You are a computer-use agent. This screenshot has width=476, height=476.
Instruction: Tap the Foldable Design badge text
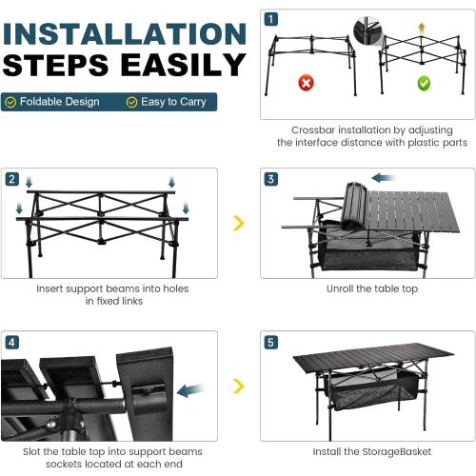coord(59,102)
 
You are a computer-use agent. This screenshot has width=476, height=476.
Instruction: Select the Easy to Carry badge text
coord(172,102)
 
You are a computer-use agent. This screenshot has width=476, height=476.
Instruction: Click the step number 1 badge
coord(271,19)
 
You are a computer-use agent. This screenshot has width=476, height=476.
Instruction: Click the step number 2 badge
coord(11,179)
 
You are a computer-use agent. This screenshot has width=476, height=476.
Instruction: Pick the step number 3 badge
coord(271,179)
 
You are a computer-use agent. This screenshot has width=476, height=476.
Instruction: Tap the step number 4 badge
coord(11,341)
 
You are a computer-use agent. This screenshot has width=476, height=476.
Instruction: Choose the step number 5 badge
coord(271,341)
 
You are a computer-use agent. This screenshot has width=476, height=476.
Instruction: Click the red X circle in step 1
coord(306,83)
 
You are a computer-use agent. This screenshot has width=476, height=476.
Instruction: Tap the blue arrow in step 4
coord(189,389)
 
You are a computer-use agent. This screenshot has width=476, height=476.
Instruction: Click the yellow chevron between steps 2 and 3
coord(239,224)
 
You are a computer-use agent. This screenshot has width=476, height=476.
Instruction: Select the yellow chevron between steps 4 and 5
coord(239,386)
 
